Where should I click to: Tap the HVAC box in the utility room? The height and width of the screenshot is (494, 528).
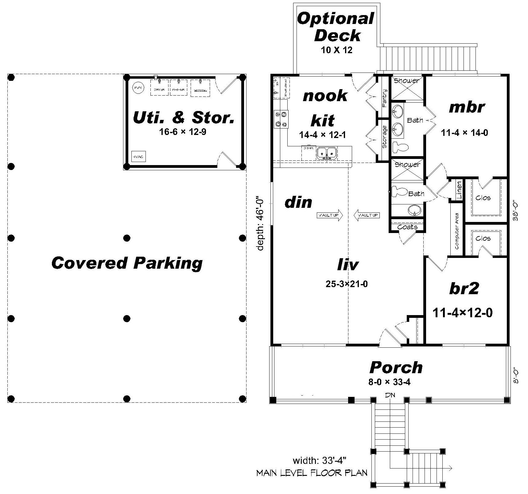[x=138, y=156]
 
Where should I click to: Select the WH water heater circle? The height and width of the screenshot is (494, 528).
[x=138, y=88]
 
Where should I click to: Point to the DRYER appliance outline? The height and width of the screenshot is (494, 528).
[x=159, y=88]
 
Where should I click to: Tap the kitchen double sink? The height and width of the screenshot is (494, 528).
[x=327, y=152]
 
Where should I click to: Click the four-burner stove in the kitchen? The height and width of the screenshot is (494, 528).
[x=281, y=119]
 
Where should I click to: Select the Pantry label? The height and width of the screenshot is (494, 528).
[x=385, y=98]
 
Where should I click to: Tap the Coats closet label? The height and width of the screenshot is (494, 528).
[x=407, y=227]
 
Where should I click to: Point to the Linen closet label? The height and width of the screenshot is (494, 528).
[x=459, y=190]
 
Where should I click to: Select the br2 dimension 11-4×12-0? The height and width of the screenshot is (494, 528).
[x=463, y=313]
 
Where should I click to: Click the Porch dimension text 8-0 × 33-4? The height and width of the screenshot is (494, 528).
[x=390, y=382]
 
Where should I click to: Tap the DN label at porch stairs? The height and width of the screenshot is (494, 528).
[x=390, y=395]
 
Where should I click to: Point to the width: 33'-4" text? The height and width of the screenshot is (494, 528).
[x=320, y=460]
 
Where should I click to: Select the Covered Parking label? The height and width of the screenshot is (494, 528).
[x=127, y=263]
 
